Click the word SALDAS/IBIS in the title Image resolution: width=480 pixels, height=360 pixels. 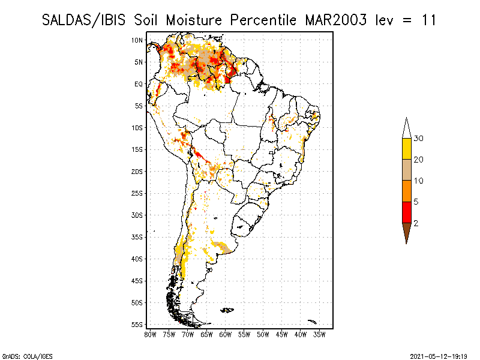(x=83, y=20)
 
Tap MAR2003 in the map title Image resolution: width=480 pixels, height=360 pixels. (x=336, y=20)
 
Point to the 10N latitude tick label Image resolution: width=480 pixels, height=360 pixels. (x=137, y=40)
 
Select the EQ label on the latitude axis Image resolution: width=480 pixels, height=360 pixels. (x=139, y=84)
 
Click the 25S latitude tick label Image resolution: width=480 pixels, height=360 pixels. (x=137, y=193)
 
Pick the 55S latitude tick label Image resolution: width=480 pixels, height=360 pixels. (x=137, y=325)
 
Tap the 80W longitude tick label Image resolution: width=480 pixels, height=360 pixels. (x=150, y=335)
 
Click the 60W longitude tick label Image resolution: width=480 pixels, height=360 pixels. (x=226, y=335)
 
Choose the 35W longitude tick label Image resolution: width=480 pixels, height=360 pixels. (x=319, y=335)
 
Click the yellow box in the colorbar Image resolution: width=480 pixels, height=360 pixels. (x=407, y=149)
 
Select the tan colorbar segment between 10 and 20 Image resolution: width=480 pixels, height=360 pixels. (x=407, y=170)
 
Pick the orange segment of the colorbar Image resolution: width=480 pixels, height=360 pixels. (x=407, y=191)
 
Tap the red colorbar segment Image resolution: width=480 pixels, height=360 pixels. (x=407, y=212)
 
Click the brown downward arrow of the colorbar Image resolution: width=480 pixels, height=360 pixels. (x=407, y=232)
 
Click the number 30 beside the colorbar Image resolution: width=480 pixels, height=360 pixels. (x=418, y=139)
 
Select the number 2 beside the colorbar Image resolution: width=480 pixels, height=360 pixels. (x=416, y=223)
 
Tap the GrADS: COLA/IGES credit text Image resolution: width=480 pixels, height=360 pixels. (x=27, y=356)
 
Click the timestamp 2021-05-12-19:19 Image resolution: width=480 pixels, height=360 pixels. (x=439, y=356)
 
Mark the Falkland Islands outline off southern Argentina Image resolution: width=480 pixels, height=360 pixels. (x=227, y=310)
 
